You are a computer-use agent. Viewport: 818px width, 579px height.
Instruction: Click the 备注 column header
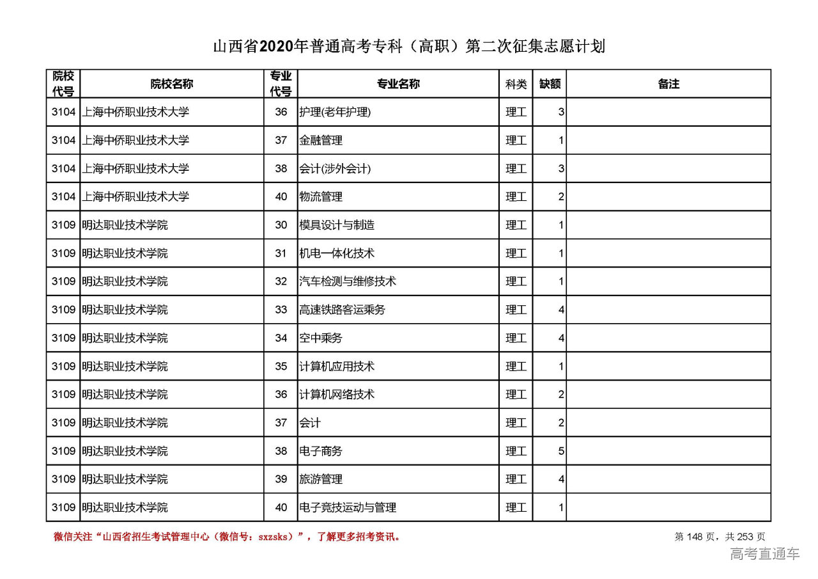[668, 84]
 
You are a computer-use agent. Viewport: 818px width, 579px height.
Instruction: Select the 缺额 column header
[550, 84]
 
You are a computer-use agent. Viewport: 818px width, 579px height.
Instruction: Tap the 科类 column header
[516, 84]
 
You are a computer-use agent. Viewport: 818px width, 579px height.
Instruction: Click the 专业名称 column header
[398, 84]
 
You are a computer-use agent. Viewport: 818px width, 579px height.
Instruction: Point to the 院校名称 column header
[172, 84]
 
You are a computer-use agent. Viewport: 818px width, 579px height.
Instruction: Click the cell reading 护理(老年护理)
[335, 112]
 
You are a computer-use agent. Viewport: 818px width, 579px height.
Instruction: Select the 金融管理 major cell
[321, 140]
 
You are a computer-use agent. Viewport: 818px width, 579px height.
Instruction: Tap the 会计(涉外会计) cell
[335, 169]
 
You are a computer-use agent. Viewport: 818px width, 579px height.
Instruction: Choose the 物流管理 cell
[321, 197]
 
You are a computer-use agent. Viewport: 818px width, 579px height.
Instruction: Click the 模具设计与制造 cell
[337, 225]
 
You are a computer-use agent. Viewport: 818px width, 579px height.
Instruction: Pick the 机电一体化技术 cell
[337, 253]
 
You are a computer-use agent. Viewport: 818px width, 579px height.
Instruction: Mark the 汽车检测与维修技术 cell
[348, 282]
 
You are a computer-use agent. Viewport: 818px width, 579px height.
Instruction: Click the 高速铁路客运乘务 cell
[342, 310]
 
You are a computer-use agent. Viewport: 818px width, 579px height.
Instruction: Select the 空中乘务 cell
[321, 338]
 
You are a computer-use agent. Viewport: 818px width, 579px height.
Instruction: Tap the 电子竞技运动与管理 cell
[348, 507]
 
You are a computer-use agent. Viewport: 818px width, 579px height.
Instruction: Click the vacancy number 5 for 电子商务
[560, 451]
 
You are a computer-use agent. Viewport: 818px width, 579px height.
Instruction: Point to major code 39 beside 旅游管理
[281, 479]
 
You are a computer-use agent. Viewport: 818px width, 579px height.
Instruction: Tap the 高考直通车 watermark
[764, 554]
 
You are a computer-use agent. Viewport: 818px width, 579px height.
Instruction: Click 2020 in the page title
[276, 47]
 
